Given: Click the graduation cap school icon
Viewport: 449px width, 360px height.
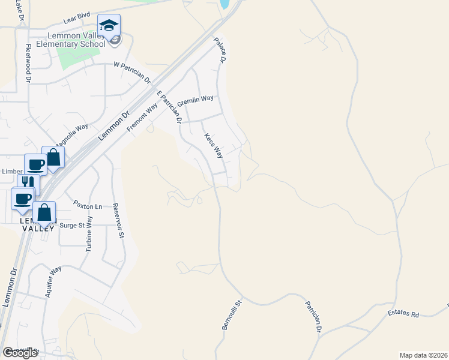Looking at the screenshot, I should (109, 26).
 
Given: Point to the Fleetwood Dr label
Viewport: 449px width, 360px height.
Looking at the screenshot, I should (28, 62).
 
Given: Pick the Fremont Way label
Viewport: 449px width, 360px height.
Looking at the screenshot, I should (142, 116).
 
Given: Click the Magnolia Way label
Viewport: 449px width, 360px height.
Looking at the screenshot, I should (72, 135).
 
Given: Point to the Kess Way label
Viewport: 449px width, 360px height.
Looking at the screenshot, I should (213, 146).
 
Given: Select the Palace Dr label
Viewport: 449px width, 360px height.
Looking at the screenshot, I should (221, 51).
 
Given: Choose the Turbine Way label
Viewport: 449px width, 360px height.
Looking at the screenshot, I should (89, 233).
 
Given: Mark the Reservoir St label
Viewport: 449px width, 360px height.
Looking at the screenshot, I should (117, 220).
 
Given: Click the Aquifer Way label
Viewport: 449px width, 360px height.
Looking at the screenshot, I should (53, 282).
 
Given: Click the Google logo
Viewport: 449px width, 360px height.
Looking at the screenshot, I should (20, 353).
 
